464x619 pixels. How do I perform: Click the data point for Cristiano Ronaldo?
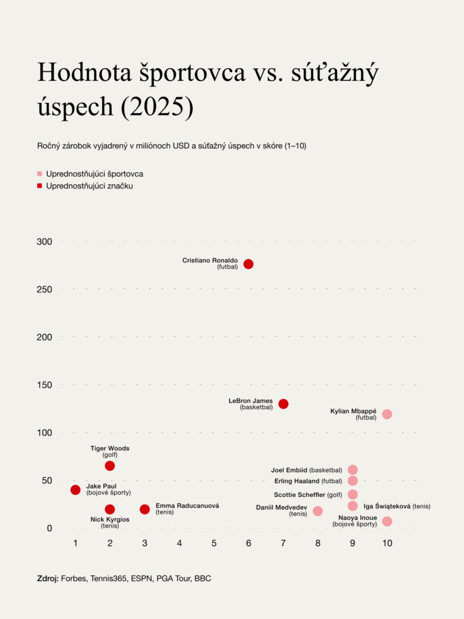pos(248,264)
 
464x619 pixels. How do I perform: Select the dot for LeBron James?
pos(283,404)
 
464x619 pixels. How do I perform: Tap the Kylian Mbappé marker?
pos(387,414)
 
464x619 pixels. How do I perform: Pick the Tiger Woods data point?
pos(110,466)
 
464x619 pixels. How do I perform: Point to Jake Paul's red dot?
pos(76,490)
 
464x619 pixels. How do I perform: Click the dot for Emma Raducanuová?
pos(145,510)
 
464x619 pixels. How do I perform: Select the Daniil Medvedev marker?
pos(318,511)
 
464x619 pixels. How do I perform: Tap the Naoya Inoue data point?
pos(387,521)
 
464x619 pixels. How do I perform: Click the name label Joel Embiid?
pos(289,470)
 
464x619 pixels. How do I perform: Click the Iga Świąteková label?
pos(387,506)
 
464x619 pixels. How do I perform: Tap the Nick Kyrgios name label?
pos(110,519)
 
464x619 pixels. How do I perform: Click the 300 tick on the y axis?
pos(45,242)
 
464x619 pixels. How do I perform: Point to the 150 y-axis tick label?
pos(45,385)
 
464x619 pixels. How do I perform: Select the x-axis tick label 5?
pos(214,543)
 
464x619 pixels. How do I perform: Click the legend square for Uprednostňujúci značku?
pos(40,186)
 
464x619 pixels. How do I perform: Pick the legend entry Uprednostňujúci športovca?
pos(94,173)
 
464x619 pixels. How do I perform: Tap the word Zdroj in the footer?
pos(47,578)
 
